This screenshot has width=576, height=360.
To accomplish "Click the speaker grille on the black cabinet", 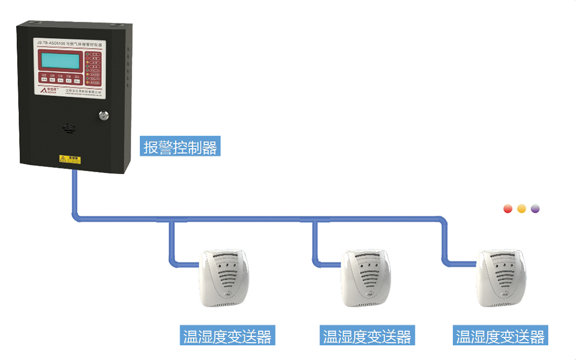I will click(69, 126).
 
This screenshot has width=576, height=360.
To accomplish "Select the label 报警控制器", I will click(180, 147).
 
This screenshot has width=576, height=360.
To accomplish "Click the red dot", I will click(508, 209).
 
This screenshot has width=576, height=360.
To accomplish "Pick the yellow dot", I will click(521, 209).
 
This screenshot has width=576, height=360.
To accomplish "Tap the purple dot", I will click(535, 209).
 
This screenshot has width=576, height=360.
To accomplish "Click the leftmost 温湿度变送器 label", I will click(226, 336).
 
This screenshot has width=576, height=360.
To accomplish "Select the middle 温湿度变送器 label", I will click(367, 336).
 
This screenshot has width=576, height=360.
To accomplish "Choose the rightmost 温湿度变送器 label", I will click(501, 336).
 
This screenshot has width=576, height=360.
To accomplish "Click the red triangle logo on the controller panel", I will click(44, 90).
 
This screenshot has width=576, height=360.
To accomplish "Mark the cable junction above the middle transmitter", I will click(314, 219).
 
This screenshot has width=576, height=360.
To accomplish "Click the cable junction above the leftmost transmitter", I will click(171, 219).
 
